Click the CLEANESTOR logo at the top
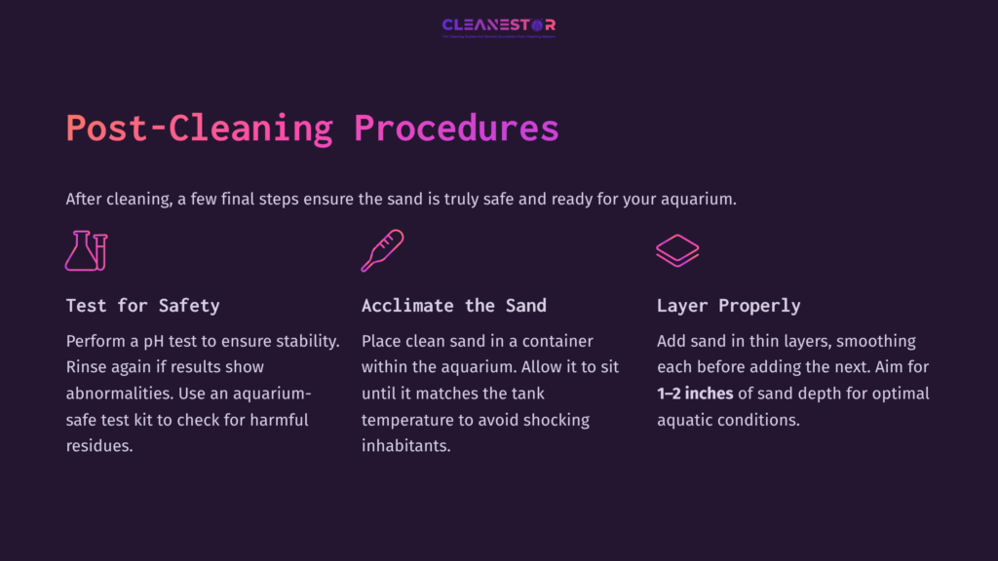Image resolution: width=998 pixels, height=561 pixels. [x=498, y=25]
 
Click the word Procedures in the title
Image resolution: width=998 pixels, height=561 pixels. [x=456, y=129]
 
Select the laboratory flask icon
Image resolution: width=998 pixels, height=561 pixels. [x=86, y=250]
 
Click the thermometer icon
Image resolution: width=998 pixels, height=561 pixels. [x=382, y=250]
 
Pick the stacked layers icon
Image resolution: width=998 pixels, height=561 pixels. [x=677, y=250]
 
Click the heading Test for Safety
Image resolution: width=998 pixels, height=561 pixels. [x=142, y=306]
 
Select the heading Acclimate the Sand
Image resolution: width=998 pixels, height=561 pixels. [x=453, y=306]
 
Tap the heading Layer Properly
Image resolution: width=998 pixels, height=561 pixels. [x=728, y=306]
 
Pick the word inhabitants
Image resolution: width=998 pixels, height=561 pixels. [x=406, y=447]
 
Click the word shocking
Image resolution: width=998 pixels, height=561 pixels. [x=557, y=421]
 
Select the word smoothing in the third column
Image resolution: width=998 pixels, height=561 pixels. [x=874, y=342]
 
